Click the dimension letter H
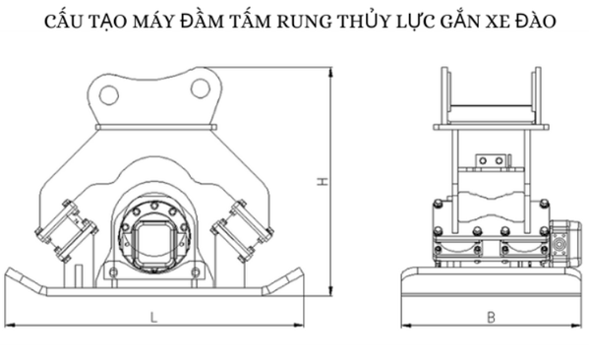(x=323, y=181)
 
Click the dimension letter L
(x=153, y=318)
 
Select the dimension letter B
(x=491, y=318)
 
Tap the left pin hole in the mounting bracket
(x=109, y=94)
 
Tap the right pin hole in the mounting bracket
(x=201, y=89)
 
